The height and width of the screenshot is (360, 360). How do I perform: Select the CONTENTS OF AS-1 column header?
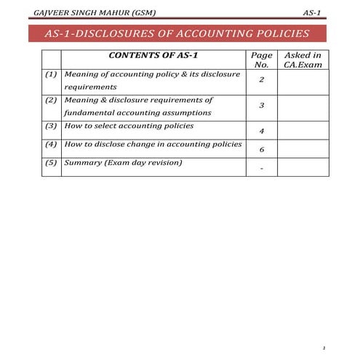coord(153,55)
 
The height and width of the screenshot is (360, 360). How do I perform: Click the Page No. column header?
coord(261,60)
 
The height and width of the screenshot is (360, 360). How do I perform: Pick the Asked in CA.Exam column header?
coord(302,60)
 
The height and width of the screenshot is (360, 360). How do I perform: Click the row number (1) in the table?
coord(51,75)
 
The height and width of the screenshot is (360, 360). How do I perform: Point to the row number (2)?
coord(51,100)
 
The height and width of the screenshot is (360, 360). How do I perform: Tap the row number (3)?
coord(51,125)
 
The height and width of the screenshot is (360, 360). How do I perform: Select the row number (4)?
coord(51,144)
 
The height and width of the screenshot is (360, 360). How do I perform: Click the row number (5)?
coord(51,162)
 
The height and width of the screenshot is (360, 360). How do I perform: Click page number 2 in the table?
coord(261,80)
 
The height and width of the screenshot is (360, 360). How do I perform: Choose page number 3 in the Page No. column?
coord(261,105)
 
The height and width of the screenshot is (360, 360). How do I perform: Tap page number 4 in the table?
coord(261,131)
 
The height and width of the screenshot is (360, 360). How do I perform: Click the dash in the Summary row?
coord(261,169)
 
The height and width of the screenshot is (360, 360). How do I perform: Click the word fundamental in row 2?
coord(91,113)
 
